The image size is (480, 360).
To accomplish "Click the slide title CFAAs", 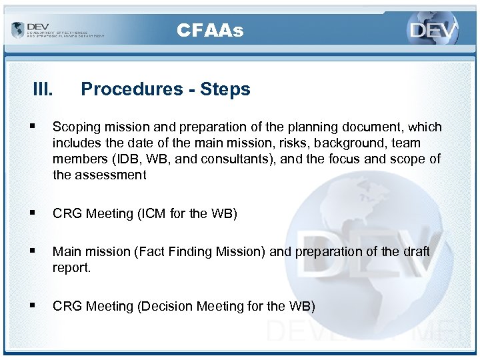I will [x=210, y=31].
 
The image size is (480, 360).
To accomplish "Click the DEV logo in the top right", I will [x=433, y=31].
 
